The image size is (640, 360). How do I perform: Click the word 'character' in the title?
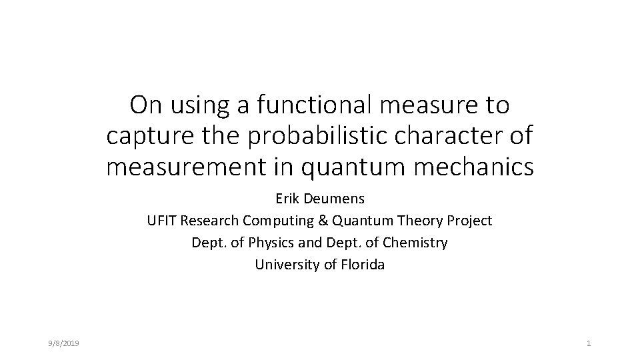(449, 136)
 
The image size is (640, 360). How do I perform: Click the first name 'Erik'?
(287, 199)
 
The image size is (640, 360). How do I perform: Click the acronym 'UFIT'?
(162, 221)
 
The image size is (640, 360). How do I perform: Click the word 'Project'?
(469, 221)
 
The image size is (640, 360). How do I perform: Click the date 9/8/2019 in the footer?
(65, 343)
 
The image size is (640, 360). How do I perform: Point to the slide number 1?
(589, 343)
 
